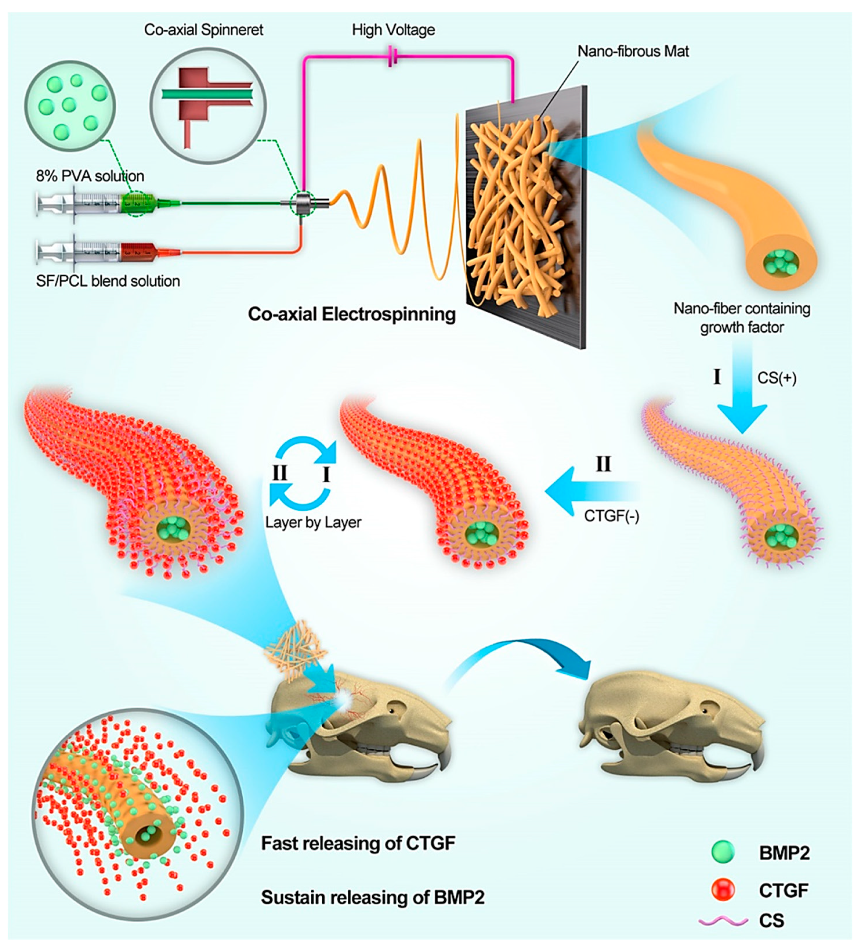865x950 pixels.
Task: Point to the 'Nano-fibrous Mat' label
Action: click(x=633, y=51)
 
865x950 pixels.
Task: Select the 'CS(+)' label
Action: click(x=776, y=378)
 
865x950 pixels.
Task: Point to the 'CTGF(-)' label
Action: click(x=612, y=516)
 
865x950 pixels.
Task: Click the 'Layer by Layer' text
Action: click(x=313, y=522)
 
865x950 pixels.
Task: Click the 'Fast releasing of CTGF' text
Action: click(x=358, y=843)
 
